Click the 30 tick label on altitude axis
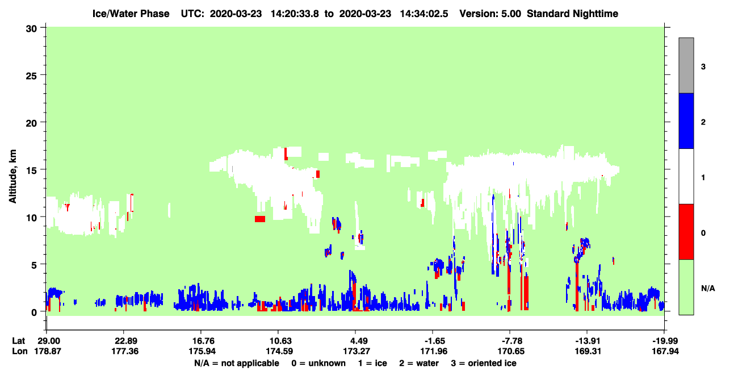click(31, 29)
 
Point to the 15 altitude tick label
click(31, 170)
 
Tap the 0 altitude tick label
click(34, 313)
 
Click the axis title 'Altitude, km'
click(12, 177)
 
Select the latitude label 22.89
click(124, 341)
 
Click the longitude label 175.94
click(202, 351)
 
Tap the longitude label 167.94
click(665, 351)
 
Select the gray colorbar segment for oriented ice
click(686, 65)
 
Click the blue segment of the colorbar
click(686, 120)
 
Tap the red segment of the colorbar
click(686, 232)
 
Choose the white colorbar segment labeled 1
click(686, 177)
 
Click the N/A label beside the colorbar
click(708, 289)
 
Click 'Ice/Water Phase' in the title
click(131, 14)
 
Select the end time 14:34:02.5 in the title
click(424, 14)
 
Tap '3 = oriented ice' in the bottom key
click(484, 363)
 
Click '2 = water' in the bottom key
click(419, 363)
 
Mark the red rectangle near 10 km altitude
click(260, 219)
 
